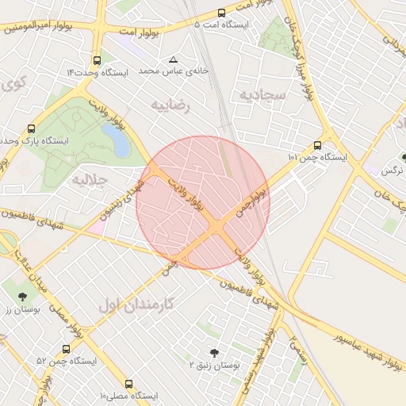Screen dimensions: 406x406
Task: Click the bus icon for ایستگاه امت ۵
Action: (221, 13)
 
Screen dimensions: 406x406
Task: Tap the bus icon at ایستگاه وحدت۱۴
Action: (97, 60)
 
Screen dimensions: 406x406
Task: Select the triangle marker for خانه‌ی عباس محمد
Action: (174, 59)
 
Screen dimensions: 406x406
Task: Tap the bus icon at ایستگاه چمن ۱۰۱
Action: (317, 146)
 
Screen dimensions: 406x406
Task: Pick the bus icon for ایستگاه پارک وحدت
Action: (32, 128)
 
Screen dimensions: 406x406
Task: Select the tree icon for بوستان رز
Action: (21, 297)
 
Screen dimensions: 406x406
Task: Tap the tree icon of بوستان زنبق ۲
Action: (213, 353)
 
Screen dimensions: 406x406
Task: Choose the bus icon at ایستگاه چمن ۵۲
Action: (66, 349)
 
